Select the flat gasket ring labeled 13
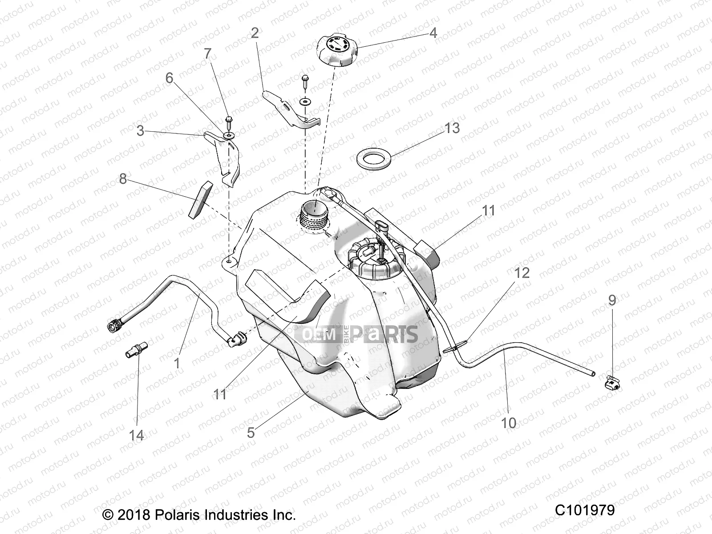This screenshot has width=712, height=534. coord(374,159)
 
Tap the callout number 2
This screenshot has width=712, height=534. coord(255,32)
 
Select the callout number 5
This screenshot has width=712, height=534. coord(251,432)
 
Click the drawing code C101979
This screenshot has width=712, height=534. coord(584,510)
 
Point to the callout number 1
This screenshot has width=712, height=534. coord(177,363)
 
